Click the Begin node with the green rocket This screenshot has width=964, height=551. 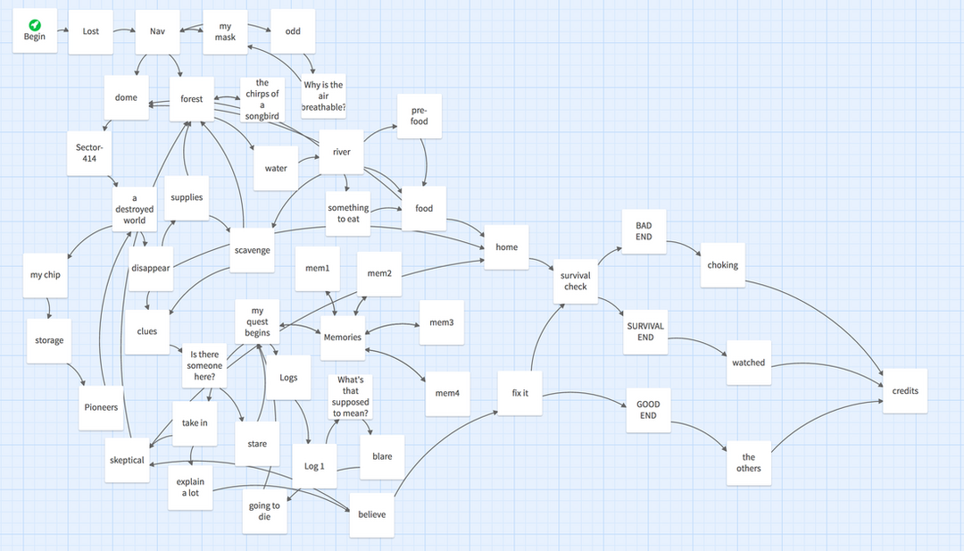click(35, 31)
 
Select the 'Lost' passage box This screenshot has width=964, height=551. click(91, 31)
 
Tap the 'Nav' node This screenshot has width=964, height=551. click(157, 31)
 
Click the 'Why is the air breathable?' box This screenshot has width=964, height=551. click(324, 96)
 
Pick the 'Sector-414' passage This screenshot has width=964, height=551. click(89, 153)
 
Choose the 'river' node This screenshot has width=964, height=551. click(341, 152)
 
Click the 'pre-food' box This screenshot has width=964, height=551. click(420, 116)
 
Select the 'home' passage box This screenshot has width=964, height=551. click(506, 247)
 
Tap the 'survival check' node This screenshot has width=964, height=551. click(576, 281)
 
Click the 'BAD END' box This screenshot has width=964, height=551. click(644, 231)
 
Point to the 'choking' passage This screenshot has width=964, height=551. click(722, 265)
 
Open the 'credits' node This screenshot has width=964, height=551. click(905, 390)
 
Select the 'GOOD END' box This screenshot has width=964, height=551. click(648, 410)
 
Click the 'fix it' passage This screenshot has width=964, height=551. click(520, 393)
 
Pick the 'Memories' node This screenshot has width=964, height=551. click(343, 337)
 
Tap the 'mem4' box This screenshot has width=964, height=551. click(447, 393)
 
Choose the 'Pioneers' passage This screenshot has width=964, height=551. click(102, 407)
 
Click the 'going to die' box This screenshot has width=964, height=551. click(264, 511)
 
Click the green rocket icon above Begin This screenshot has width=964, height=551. click(35, 25)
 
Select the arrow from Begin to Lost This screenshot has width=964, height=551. click(62, 30)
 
